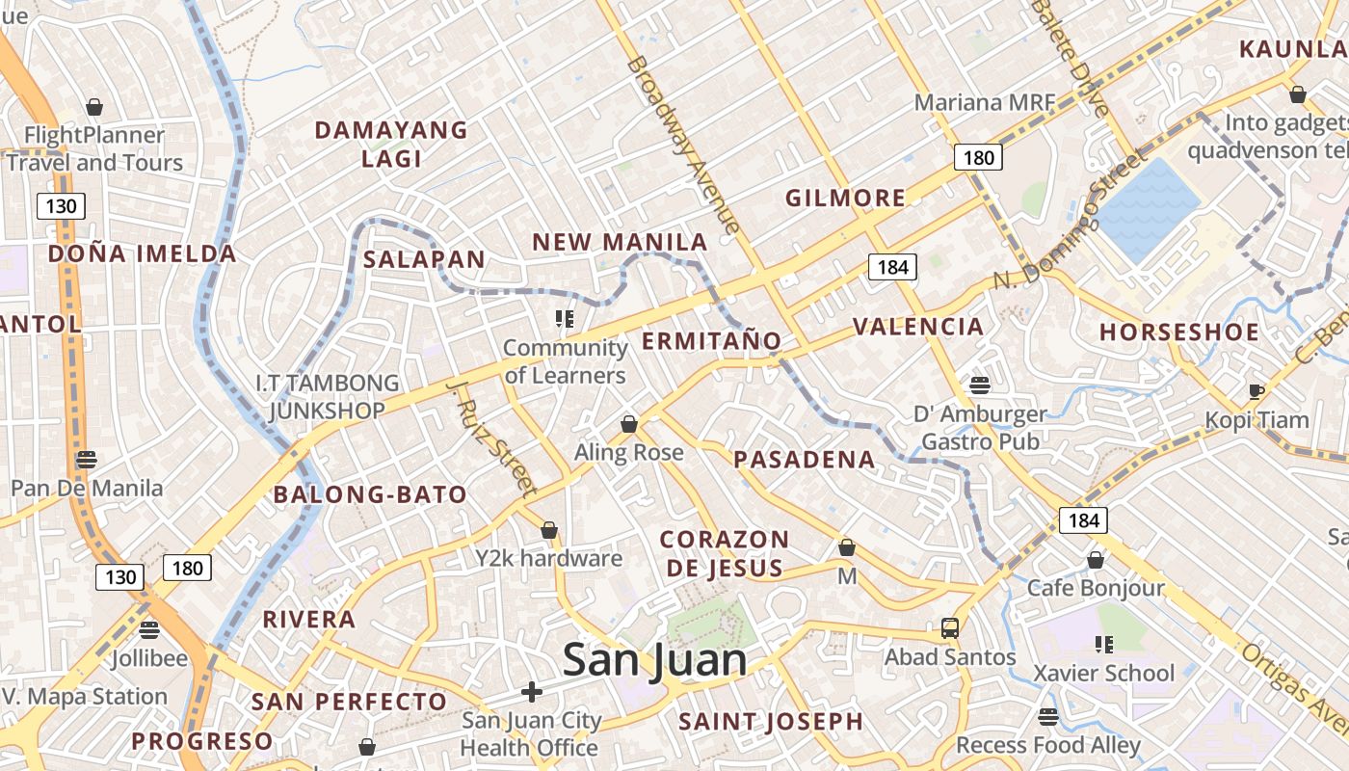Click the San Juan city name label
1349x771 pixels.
(654, 661)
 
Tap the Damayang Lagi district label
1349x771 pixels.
(391, 144)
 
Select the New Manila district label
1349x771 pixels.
(620, 242)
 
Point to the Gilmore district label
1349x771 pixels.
(845, 199)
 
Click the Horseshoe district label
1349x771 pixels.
(1179, 332)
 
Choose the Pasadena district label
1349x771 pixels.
(805, 460)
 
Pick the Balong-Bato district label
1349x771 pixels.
(370, 495)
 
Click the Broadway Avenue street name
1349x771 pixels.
(683, 145)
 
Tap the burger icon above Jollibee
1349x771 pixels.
(148, 630)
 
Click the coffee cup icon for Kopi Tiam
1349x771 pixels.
(1256, 390)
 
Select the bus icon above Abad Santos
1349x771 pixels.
(950, 628)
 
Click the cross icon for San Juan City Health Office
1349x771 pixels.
(531, 692)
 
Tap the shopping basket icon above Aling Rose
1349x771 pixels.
(629, 424)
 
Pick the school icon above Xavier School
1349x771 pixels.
(1104, 644)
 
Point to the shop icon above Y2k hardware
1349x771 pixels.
(549, 530)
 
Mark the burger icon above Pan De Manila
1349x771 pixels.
(87, 459)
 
